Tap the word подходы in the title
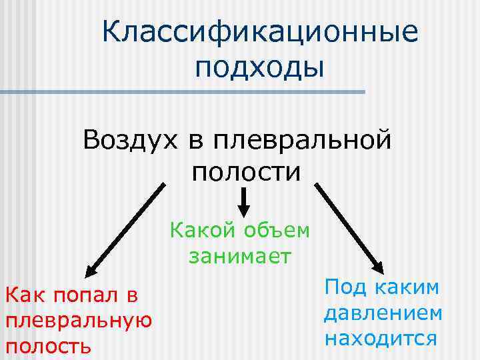tap(260, 69)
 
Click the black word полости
tap(247, 172)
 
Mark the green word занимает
tap(240, 256)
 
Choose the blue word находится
tap(381, 337)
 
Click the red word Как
tap(26, 294)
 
